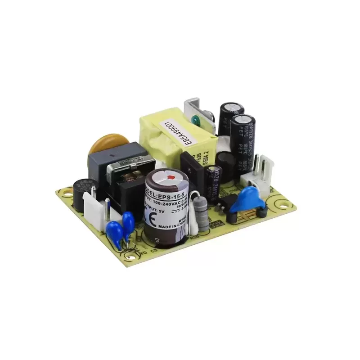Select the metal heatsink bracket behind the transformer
(x=198, y=108)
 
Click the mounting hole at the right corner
(x=287, y=205)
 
